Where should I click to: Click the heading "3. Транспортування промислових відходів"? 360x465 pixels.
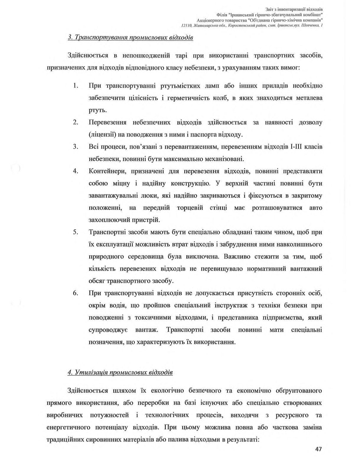tap(130, 38)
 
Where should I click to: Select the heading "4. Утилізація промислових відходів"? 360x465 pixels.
tap(120, 372)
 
